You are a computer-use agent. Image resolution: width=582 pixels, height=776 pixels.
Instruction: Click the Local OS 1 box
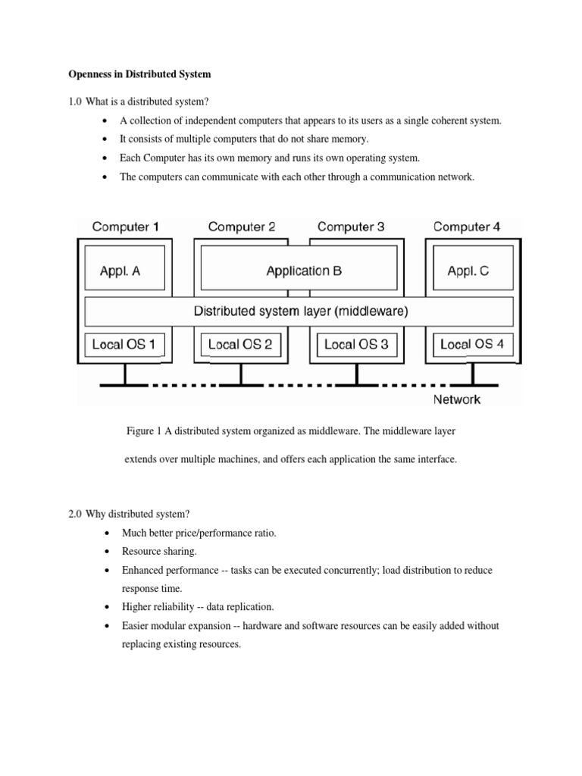point(124,345)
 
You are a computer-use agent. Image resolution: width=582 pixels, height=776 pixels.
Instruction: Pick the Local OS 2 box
point(239,345)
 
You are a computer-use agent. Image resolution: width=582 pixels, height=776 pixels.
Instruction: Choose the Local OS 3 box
point(356,345)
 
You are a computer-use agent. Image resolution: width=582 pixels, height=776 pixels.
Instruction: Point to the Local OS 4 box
point(471,345)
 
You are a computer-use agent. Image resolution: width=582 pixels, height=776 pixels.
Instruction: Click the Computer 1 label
point(126,227)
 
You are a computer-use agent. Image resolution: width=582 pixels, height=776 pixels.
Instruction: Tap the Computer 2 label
point(241,227)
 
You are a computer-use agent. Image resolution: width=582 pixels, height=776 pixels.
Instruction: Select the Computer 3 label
point(351,227)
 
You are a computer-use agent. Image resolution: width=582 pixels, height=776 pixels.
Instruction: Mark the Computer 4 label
point(466,227)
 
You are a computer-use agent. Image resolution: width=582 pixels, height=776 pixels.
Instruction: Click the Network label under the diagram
point(456,399)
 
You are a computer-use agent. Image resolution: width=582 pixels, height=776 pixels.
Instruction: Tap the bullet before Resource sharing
point(105,552)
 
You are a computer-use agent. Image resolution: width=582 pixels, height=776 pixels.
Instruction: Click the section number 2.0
point(77,515)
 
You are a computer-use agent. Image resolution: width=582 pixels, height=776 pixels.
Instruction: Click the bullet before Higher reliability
point(105,608)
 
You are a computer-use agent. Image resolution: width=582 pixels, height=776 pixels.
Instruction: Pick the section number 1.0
point(77,102)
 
